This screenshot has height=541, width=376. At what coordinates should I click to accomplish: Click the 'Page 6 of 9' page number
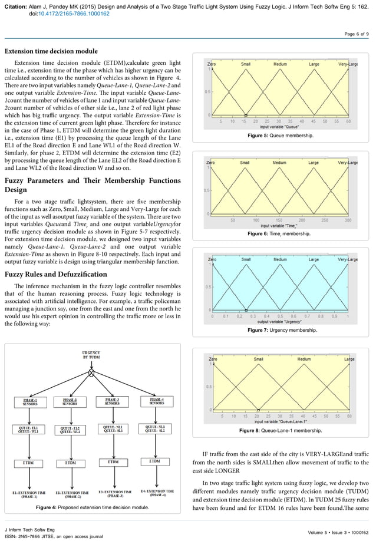coord(356,34)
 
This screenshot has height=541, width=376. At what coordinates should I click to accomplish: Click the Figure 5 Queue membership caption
coord(281,136)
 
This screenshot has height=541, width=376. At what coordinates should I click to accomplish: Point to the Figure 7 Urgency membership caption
coord(281,330)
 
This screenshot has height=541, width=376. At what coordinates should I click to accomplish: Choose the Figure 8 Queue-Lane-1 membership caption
coord(281,431)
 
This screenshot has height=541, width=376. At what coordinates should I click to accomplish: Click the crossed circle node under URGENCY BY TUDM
coord(91,373)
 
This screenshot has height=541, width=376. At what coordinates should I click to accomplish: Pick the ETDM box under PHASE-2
coord(70,463)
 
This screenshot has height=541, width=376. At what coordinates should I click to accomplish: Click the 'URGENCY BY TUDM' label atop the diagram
coord(91,355)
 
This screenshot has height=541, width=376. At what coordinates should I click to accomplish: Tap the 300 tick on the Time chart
coord(348,220)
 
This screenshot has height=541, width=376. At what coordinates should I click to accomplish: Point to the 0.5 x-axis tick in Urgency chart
coord(281,316)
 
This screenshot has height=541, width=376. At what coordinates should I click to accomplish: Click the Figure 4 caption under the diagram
coord(93,507)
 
